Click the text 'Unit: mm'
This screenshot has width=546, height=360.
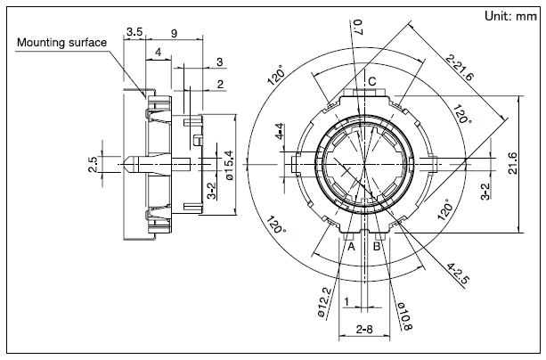pyautogui.click(x=509, y=16)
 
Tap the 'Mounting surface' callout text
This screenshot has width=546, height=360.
pyautogui.click(x=61, y=42)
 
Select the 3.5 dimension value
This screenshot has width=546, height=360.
pyautogui.click(x=134, y=32)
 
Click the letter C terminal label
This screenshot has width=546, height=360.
pyautogui.click(x=372, y=83)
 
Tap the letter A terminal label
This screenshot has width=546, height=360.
pyautogui.click(x=351, y=246)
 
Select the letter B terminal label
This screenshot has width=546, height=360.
pyautogui.click(x=377, y=246)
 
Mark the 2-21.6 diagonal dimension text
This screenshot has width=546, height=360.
pyautogui.click(x=462, y=66)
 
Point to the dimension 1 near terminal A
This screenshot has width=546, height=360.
pyautogui.click(x=346, y=300)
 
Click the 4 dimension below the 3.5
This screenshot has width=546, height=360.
pyautogui.click(x=158, y=53)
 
